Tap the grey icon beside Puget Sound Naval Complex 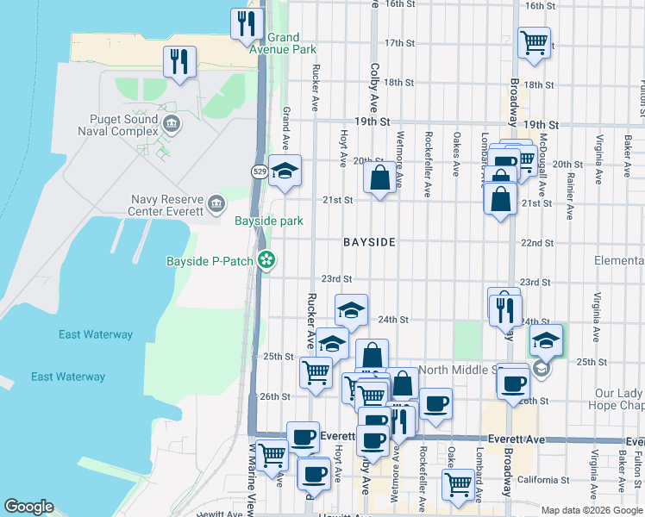tap(172, 125)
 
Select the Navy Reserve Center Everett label tap(166, 205)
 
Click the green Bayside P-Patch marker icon tap(267, 259)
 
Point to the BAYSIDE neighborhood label tap(369, 243)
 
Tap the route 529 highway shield tap(260, 172)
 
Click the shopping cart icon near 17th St tap(534, 40)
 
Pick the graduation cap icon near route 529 tap(284, 170)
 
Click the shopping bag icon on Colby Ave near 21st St tap(379, 178)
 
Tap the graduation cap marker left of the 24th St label tap(351, 309)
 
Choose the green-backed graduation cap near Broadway tap(545, 339)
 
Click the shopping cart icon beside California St tap(458, 484)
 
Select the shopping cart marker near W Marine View tap(272, 454)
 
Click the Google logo tap(28, 507)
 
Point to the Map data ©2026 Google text tap(592, 510)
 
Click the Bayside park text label tap(269, 221)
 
